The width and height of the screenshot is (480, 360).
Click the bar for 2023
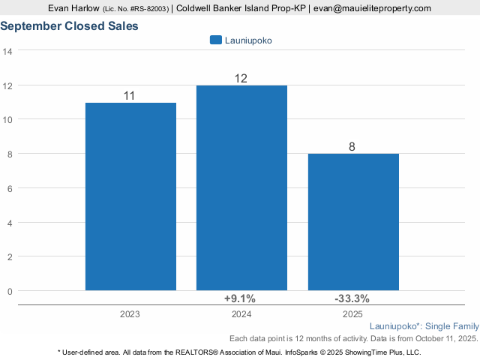pos(130,196)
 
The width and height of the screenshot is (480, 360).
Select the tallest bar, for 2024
pos(241,187)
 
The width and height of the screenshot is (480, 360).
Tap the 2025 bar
pos(352,221)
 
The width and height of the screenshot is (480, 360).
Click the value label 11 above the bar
pos(130,95)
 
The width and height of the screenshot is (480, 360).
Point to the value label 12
pos(241,78)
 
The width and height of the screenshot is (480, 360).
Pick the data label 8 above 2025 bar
pos(352,146)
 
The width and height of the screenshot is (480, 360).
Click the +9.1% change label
pos(241,298)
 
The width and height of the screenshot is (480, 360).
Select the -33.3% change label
pos(352,298)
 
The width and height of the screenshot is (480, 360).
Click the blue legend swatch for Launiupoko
pos(216,40)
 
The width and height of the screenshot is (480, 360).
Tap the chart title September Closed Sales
pos(69,26)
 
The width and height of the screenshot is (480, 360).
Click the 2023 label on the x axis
pos(130,315)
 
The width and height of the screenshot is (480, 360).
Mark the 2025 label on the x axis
pos(352,315)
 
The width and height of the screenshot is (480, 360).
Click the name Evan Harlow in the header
pos(73,8)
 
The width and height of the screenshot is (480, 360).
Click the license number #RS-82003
pos(150,8)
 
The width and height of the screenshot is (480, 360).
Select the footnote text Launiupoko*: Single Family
pos(424,327)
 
